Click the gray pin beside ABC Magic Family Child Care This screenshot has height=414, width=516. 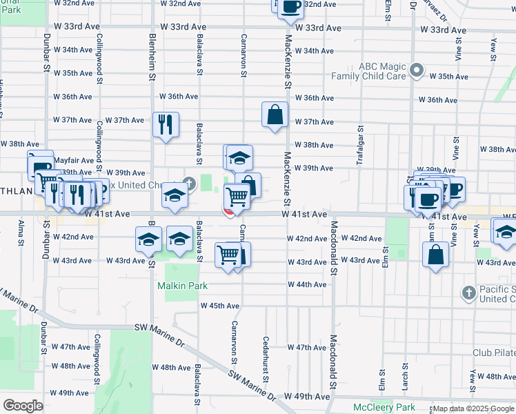(417, 70)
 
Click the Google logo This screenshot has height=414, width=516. (23, 406)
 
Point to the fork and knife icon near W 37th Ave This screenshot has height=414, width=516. (165, 125)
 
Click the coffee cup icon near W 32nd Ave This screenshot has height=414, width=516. (290, 6)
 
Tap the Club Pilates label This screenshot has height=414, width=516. (493, 352)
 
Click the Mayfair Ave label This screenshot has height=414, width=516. (72, 159)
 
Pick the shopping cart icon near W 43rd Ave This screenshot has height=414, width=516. (228, 254)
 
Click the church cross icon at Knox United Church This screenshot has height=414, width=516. (188, 183)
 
